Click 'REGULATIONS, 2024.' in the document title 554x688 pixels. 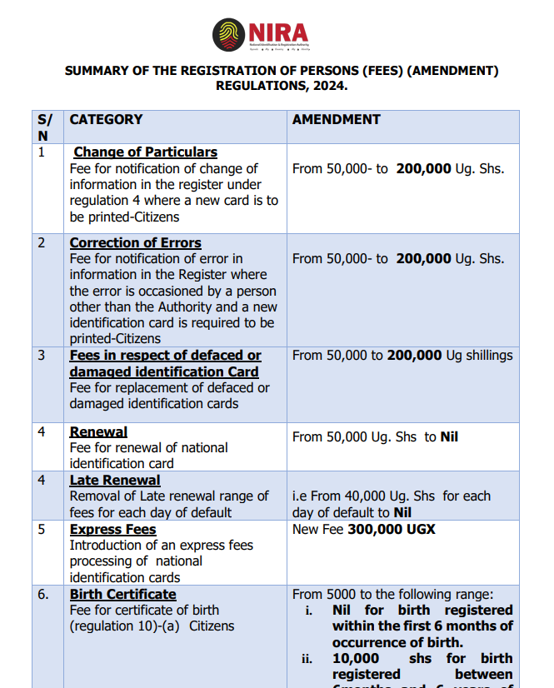pos(282,86)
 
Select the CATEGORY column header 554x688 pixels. pos(106,120)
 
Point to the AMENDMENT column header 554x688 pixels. pos(336,120)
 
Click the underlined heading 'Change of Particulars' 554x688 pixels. pos(145,152)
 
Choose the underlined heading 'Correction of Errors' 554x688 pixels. pos(135,243)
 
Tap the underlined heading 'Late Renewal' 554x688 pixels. pos(114,481)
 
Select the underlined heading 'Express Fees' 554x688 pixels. pos(112,530)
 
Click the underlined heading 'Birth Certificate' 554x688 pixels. pos(122,595)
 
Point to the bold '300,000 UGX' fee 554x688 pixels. pos(391,530)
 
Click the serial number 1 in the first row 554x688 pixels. pos(42,152)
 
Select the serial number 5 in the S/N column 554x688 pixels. pos(42,530)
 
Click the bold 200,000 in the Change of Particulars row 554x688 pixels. pos(422,168)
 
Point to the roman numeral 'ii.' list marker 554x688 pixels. pos(307,658)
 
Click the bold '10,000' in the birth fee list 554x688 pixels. pos(357,658)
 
